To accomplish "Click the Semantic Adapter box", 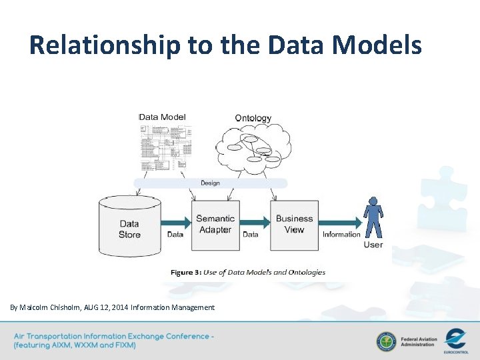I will [x=215, y=225].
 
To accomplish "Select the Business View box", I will [x=294, y=225].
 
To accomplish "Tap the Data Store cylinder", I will [x=129, y=227].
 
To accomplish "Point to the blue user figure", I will [x=373, y=217].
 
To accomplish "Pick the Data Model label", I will [x=162, y=117].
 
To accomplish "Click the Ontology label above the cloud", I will [x=253, y=118].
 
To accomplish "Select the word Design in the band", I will [x=210, y=183].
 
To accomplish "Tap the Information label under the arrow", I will [x=341, y=235].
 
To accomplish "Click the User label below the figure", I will [x=373, y=245].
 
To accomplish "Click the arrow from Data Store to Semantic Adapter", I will [x=177, y=222].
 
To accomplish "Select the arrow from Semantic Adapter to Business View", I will [x=255, y=222].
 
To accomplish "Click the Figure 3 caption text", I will [x=248, y=272].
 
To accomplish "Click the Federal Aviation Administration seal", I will [x=385, y=341].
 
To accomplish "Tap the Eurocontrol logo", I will [x=456, y=339].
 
